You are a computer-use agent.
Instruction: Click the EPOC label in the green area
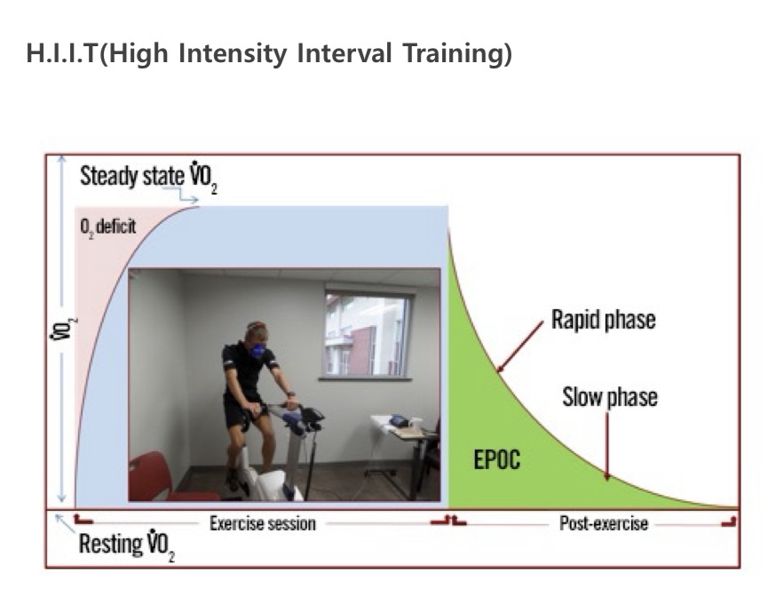497,459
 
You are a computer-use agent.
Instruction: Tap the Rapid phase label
604,320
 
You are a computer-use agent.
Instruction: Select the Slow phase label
610,397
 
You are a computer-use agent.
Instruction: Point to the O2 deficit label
107,227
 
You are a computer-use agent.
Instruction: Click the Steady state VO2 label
149,177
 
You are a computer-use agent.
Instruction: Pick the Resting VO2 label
127,545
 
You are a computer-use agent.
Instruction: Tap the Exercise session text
263,523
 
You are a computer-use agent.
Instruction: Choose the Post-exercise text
604,523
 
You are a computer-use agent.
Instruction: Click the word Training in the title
457,53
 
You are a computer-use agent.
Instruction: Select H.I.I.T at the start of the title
62,53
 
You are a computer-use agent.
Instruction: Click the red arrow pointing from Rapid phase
519,346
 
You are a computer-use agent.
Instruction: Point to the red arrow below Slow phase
607,446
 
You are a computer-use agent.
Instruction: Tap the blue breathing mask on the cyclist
257,350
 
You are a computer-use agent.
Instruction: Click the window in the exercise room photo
367,334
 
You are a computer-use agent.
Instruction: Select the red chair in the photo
163,477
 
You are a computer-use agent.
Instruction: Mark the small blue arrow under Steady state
188,195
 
